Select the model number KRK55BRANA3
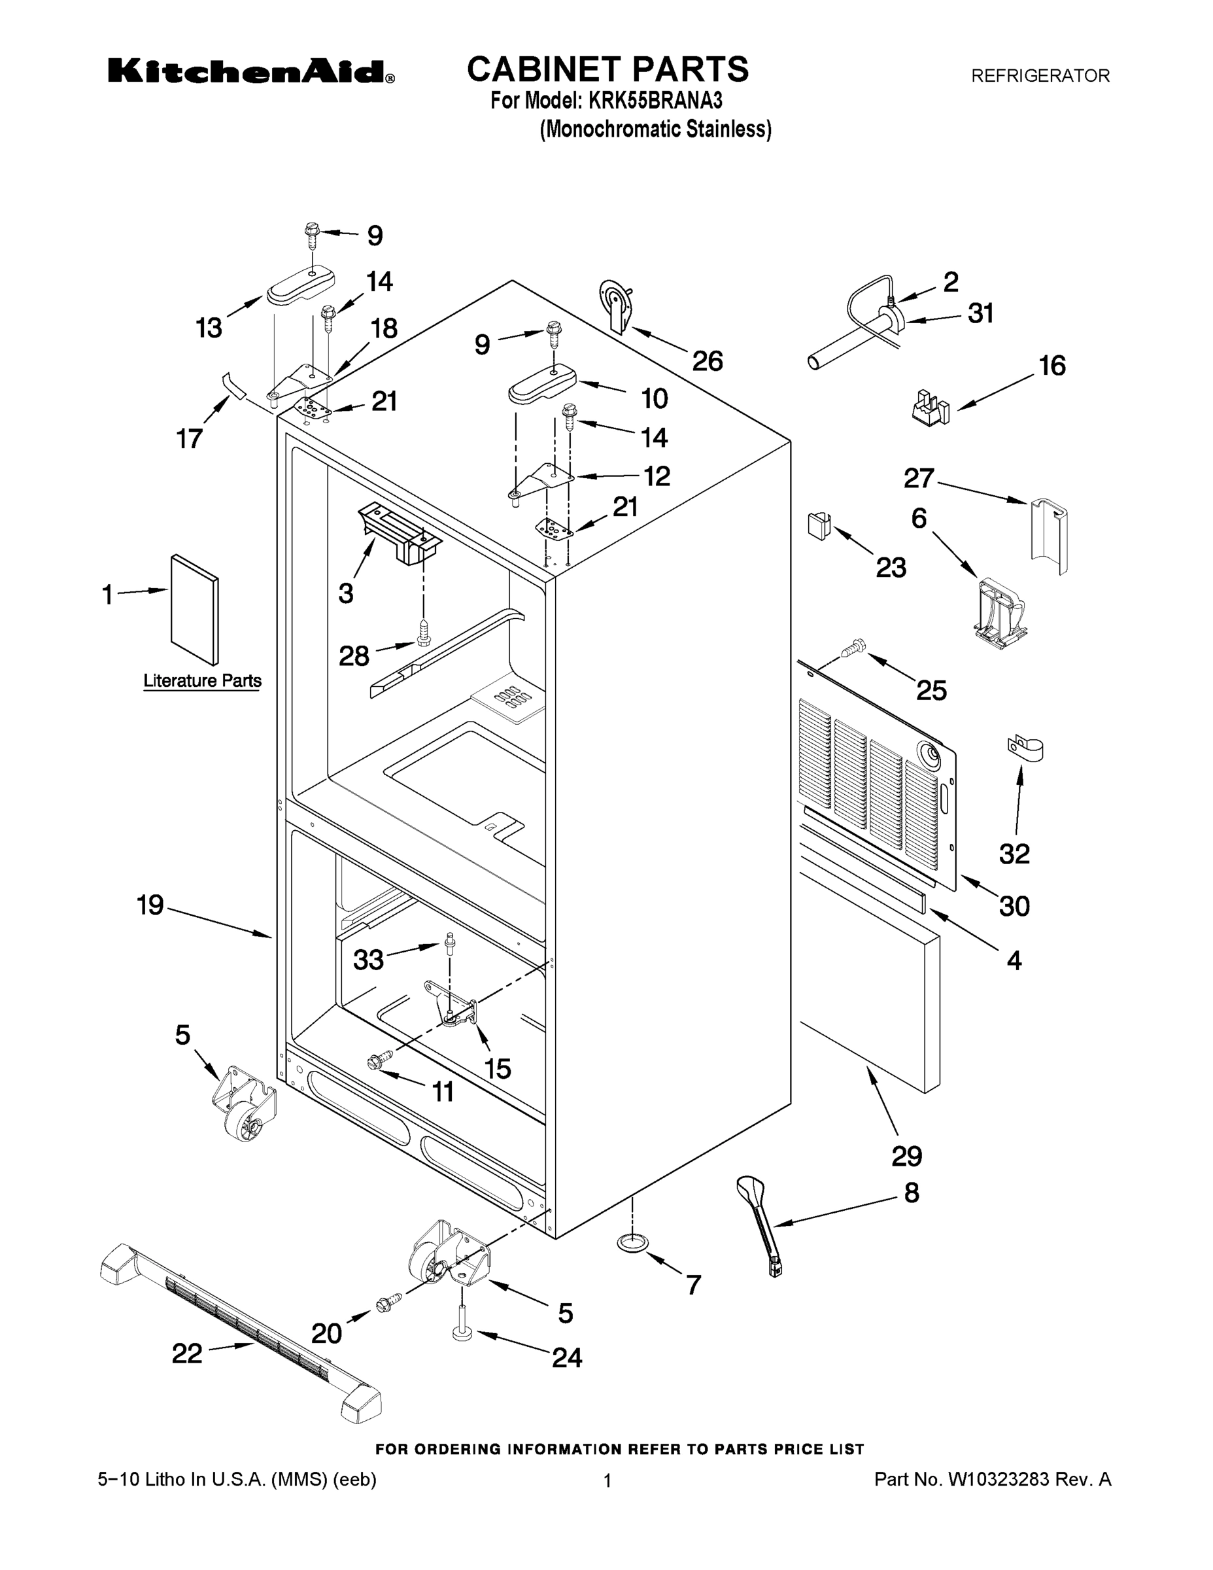pyautogui.click(x=655, y=101)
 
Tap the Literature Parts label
pyautogui.click(x=202, y=680)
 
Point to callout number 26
pyautogui.click(x=707, y=361)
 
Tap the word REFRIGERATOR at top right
pyautogui.click(x=1040, y=75)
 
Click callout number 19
pyautogui.click(x=150, y=905)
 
